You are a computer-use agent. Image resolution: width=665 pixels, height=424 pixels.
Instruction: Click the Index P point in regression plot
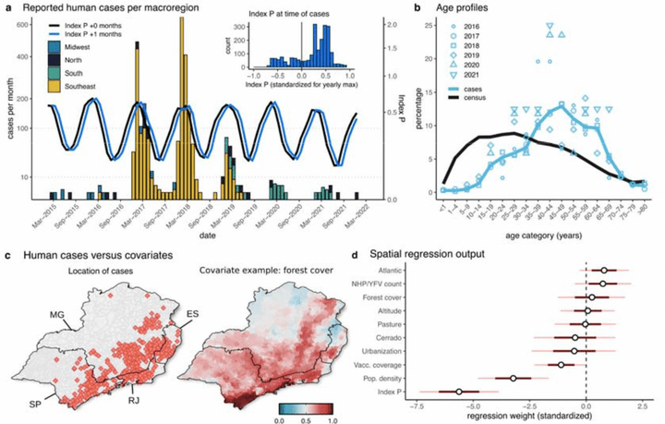tap(459, 392)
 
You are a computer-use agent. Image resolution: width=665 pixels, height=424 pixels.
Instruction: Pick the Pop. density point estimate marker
tap(514, 378)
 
